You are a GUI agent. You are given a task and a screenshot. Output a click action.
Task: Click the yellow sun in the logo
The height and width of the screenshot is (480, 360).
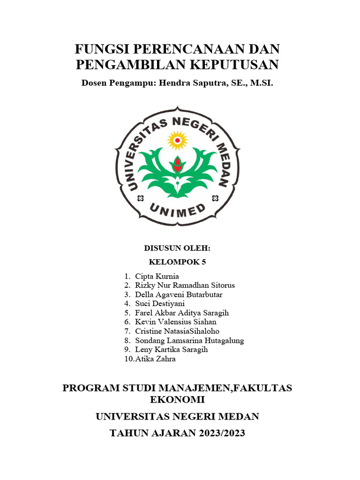pos(178,140)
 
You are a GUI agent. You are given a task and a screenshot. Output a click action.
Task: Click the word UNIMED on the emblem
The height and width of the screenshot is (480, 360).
pos(178,210)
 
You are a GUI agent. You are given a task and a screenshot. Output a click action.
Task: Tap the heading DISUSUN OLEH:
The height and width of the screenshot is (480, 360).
pos(177,248)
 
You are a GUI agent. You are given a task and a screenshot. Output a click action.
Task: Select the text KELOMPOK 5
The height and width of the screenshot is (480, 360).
pos(177,262)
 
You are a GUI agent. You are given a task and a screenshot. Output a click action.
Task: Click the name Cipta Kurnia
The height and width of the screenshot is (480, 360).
pos(157,276)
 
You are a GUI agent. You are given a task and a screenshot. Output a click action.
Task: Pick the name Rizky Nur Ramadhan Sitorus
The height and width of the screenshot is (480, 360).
pos(185,285)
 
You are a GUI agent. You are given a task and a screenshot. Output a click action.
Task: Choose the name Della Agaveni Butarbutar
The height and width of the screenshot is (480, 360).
pos(179,295)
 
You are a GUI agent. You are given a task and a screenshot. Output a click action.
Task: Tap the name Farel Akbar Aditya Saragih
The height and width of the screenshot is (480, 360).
pos(182,313)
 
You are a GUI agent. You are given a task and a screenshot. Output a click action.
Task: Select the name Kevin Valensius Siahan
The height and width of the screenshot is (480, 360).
pos(176,322)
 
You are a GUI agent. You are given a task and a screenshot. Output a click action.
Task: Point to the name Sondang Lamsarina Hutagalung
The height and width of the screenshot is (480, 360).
pos(189,341)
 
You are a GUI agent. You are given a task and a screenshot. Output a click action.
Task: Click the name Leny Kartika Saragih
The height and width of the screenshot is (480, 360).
pos(171,350)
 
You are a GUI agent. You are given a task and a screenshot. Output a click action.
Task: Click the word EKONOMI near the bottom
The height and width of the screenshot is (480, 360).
pos(177,400)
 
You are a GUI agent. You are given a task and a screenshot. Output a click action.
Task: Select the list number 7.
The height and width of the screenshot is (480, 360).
pos(127,331)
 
